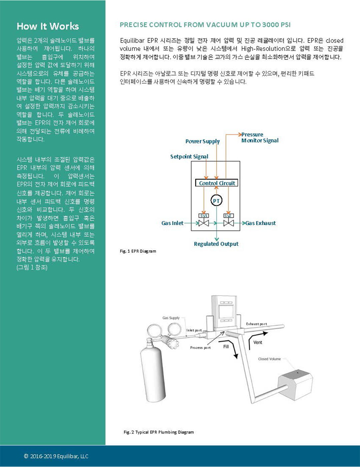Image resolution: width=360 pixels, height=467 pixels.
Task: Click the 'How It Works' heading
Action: [48, 26]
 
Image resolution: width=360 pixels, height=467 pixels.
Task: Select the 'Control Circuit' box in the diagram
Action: [217, 183]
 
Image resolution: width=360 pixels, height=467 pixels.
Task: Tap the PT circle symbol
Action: [216, 201]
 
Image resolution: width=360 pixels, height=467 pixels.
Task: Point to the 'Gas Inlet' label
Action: [172, 223]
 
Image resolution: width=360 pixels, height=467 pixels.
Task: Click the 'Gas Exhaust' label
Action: [261, 223]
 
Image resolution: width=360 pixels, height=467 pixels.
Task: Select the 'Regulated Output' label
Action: [216, 244]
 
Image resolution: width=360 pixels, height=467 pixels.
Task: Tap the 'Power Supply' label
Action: [203, 141]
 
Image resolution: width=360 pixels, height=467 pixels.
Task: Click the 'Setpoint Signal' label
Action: [189, 156]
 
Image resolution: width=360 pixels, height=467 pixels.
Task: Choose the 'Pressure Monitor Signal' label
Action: [260, 137]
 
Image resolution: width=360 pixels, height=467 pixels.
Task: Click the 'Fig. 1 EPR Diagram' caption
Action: [138, 251]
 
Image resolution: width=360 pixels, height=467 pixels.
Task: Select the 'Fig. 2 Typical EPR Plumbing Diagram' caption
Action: [159, 432]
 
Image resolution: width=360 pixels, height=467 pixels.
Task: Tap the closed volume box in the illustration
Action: [295, 385]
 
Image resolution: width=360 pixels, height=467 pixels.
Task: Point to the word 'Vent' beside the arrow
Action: [258, 342]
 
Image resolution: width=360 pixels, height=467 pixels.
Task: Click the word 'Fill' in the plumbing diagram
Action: [226, 347]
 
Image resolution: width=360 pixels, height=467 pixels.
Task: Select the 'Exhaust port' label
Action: [256, 324]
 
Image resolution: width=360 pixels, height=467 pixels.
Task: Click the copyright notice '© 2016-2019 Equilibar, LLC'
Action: [56, 456]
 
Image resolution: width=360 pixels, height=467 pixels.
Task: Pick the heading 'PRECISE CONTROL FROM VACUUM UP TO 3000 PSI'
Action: [205, 25]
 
